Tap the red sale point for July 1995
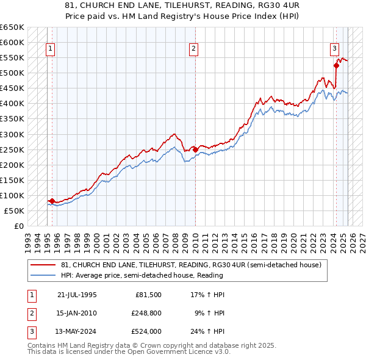coord(52,201)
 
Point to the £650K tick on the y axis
coord(12,27)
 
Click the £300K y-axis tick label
coord(12,134)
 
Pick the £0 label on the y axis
coord(19,226)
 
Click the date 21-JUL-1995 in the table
coord(77,295)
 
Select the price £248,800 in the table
coord(145,313)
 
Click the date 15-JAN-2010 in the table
coord(77,313)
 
